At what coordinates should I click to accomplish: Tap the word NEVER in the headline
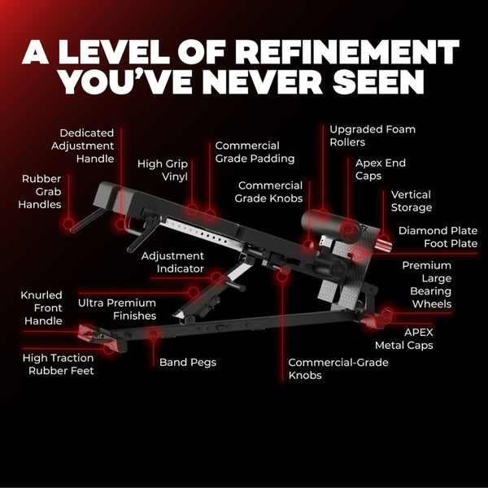pos(263,82)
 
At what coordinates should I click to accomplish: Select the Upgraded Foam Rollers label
pos(373,136)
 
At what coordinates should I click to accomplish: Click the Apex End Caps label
pos(381,169)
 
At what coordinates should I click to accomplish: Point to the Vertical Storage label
pos(411,201)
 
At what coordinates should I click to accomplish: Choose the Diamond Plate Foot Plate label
pos(438,237)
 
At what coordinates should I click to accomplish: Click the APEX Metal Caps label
pos(404,338)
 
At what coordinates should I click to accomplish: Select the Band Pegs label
pos(188,362)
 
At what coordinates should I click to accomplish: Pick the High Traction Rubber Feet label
pos(59,364)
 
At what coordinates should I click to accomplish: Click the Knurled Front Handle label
pos(41,307)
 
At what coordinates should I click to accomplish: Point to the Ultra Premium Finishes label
pos(117,309)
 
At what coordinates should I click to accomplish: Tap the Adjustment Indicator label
pos(172,262)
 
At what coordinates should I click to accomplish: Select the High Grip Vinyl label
pos(163,170)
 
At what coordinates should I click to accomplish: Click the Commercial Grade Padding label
pos(255,152)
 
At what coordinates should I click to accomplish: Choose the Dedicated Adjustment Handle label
pos(82,146)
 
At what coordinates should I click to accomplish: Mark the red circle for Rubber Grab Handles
pos(69,224)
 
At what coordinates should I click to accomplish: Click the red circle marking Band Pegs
pos(153,335)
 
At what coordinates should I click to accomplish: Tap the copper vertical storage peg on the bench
pos(383,245)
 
